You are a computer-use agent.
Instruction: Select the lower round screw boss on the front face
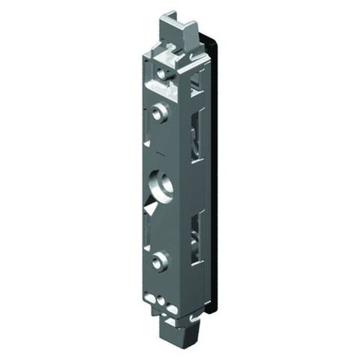click(x=158, y=260)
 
